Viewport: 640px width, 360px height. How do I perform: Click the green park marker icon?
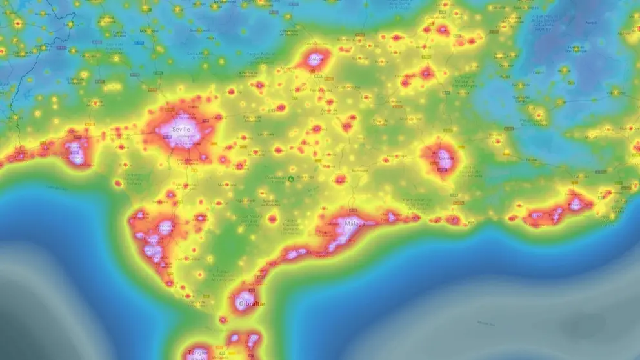291,179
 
